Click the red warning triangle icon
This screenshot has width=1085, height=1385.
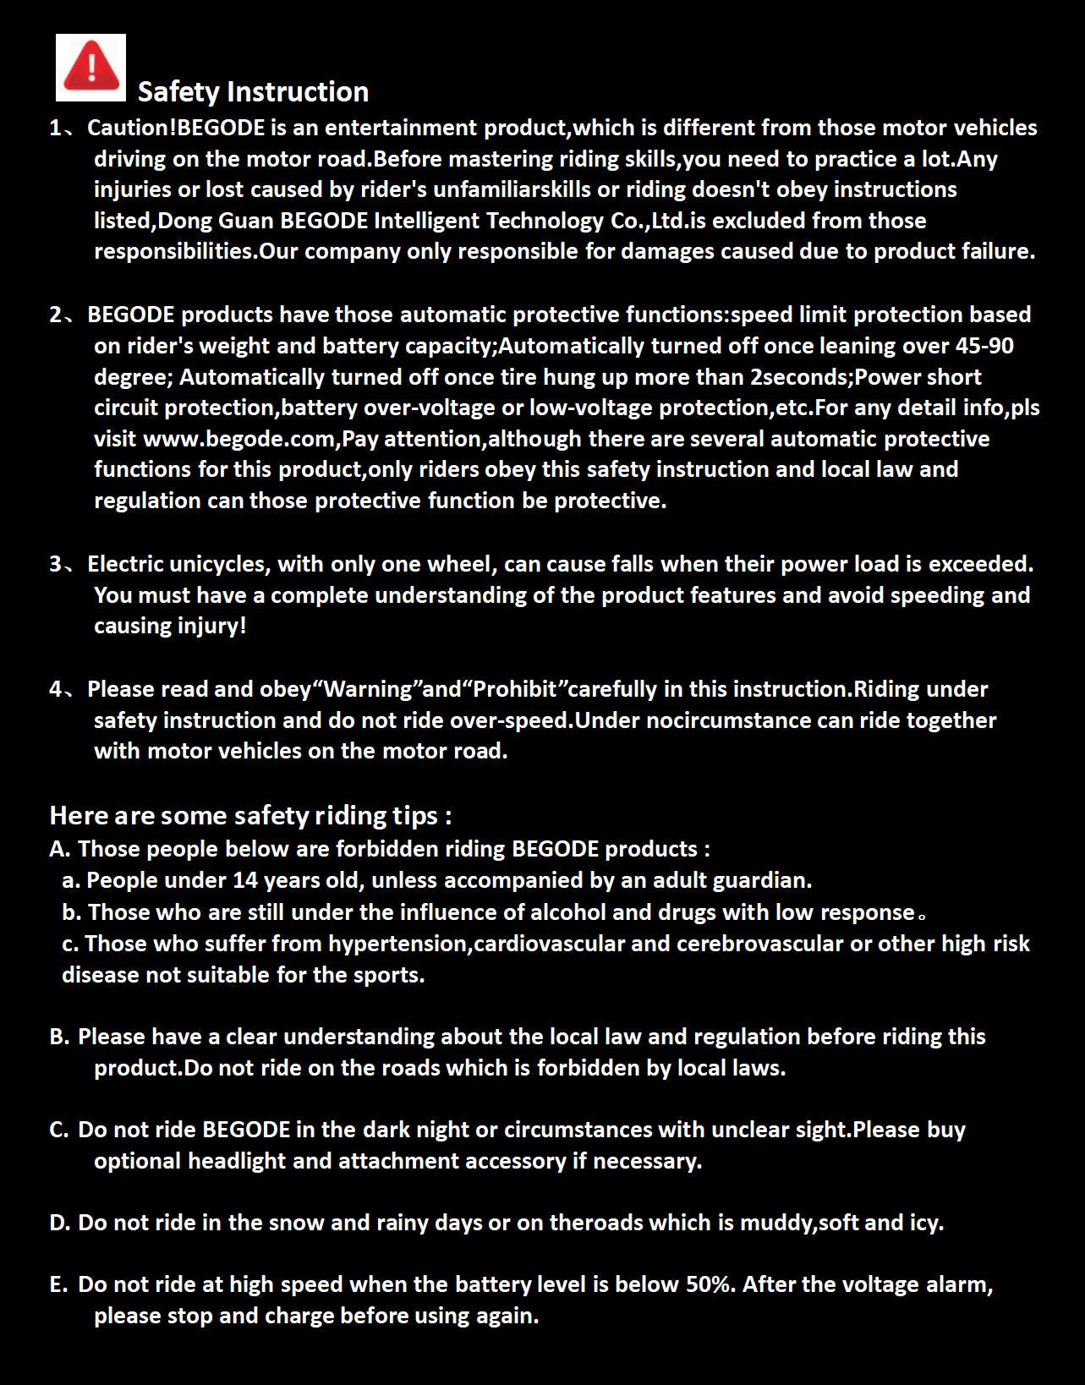coord(90,67)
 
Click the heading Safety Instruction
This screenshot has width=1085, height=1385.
coord(253,91)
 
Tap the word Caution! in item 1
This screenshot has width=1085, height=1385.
coord(132,128)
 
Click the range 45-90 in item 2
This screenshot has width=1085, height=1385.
coord(984,346)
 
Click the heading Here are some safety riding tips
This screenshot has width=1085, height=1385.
coord(250,815)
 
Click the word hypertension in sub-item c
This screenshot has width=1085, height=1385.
coord(397,944)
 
